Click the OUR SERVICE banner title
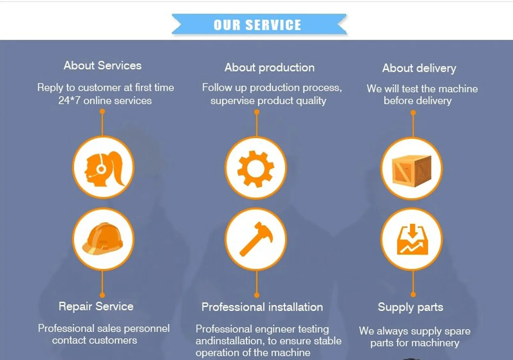[257, 25]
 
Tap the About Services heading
[103, 65]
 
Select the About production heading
[269, 67]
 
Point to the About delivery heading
[419, 68]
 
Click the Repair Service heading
[96, 306]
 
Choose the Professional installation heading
[262, 307]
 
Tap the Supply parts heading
[410, 307]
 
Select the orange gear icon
[256, 169]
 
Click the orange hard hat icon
[103, 239]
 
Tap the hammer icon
[256, 239]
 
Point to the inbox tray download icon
[412, 240]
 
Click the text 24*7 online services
[105, 101]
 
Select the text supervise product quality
[268, 101]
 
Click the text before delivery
[418, 101]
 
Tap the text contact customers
[95, 340]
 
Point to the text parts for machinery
[415, 343]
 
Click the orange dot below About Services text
[102, 111]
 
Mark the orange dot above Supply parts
[413, 294]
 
